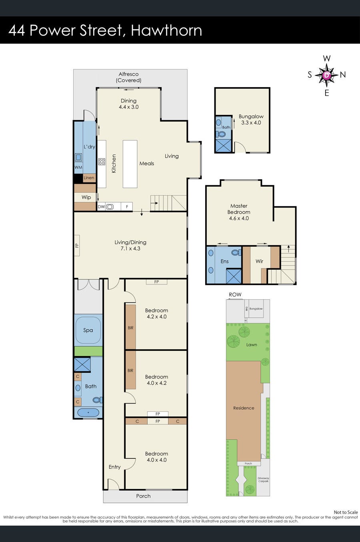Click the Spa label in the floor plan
click(88, 330)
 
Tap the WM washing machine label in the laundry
click(78, 167)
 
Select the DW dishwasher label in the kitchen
click(101, 207)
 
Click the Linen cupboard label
click(89, 178)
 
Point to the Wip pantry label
click(86, 197)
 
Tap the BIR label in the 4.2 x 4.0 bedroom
click(130, 328)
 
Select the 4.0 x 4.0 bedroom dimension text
click(156, 460)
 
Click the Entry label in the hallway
click(114, 467)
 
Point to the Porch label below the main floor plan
click(143, 496)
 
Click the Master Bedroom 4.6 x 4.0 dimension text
click(239, 218)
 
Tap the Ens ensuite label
click(224, 261)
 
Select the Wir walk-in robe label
click(259, 261)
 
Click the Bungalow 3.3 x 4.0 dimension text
click(251, 123)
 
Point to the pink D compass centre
click(327, 75)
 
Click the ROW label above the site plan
click(235, 294)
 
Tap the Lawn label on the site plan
click(252, 344)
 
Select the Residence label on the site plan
click(244, 408)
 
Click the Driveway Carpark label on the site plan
click(263, 480)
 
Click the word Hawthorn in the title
click(166, 30)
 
